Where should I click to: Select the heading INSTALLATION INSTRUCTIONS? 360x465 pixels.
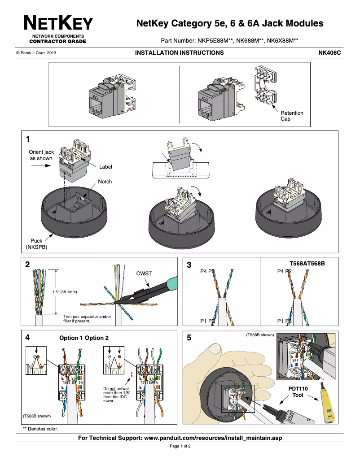[179, 53]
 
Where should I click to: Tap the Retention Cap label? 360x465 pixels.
[292, 116]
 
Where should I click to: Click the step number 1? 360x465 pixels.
[28, 139]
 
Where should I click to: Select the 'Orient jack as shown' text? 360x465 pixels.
[41, 155]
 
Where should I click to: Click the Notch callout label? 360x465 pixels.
[105, 182]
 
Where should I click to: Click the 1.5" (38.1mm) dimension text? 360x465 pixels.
[65, 292]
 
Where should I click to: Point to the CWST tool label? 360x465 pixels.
[144, 273]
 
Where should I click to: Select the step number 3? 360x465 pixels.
[189, 265]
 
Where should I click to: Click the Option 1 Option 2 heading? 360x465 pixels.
[84, 338]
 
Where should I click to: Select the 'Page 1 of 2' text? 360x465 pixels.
[180, 446]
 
